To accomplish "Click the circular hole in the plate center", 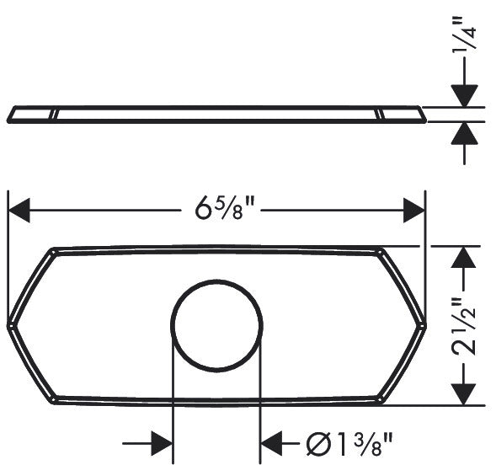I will pos(217,323).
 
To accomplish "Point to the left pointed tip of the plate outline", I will pos(10,323).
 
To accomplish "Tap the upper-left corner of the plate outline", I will pos(53,250).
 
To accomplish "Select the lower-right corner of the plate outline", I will pos(380,396).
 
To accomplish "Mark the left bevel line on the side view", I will pos(56,115).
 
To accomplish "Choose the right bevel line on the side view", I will pos(379,115).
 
